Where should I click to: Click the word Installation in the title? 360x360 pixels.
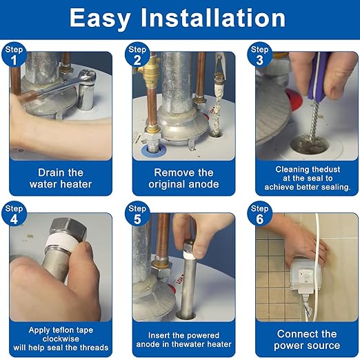(x=213, y=18)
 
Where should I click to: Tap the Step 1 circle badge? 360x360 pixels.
(x=14, y=54)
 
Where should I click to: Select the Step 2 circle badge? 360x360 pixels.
(x=137, y=54)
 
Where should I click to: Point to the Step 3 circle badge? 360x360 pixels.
(x=260, y=54)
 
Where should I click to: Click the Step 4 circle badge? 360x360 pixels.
(x=14, y=214)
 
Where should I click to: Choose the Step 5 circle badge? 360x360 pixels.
(x=137, y=214)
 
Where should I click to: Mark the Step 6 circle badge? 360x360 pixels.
(x=260, y=214)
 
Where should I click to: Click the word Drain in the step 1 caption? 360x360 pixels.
(x=50, y=172)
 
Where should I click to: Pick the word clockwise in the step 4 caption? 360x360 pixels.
(x=61, y=339)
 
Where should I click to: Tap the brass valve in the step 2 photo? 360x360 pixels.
(x=150, y=71)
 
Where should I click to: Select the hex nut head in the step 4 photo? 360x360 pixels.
(x=68, y=229)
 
